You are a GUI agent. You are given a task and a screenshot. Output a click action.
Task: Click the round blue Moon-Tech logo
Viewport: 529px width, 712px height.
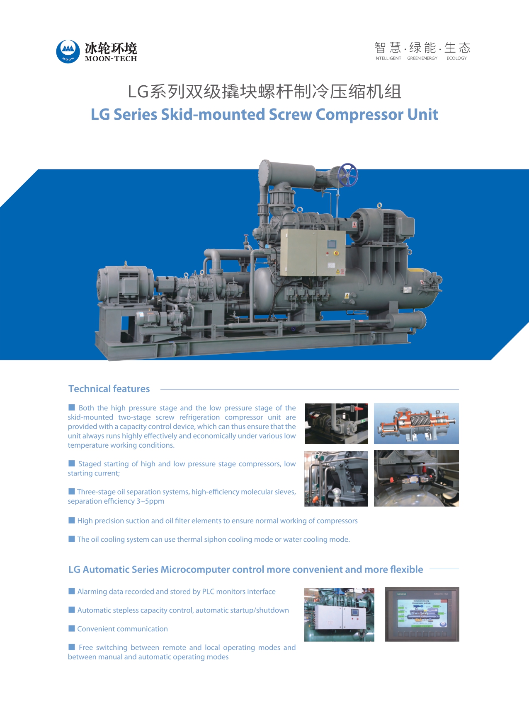[68, 51]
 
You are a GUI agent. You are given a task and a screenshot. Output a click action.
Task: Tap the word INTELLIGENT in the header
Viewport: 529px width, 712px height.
[388, 58]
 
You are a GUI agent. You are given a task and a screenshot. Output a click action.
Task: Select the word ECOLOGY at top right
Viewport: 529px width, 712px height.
[456, 58]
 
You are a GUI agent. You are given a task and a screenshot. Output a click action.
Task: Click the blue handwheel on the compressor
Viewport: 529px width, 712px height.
[347, 175]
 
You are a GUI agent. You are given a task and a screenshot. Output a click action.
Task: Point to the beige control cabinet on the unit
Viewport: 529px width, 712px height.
[313, 253]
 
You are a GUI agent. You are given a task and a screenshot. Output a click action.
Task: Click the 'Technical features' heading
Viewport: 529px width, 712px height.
[109, 389]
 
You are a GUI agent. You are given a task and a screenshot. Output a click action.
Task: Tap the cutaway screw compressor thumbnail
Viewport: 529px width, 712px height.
[416, 423]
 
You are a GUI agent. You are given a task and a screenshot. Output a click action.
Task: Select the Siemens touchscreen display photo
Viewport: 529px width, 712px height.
[422, 614]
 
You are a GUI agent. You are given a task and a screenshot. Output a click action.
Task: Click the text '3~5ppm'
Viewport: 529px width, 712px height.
[150, 501]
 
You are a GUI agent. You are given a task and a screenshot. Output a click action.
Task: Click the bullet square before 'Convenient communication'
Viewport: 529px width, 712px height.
[72, 628]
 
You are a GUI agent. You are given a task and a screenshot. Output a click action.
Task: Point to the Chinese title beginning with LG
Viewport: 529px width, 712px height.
[264, 92]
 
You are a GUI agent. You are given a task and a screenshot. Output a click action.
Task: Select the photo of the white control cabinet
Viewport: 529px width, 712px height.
[339, 615]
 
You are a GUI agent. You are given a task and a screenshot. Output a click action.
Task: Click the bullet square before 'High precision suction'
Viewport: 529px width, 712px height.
[72, 520]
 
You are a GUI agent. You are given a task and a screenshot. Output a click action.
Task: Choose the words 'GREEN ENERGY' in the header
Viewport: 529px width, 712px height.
[422, 58]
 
